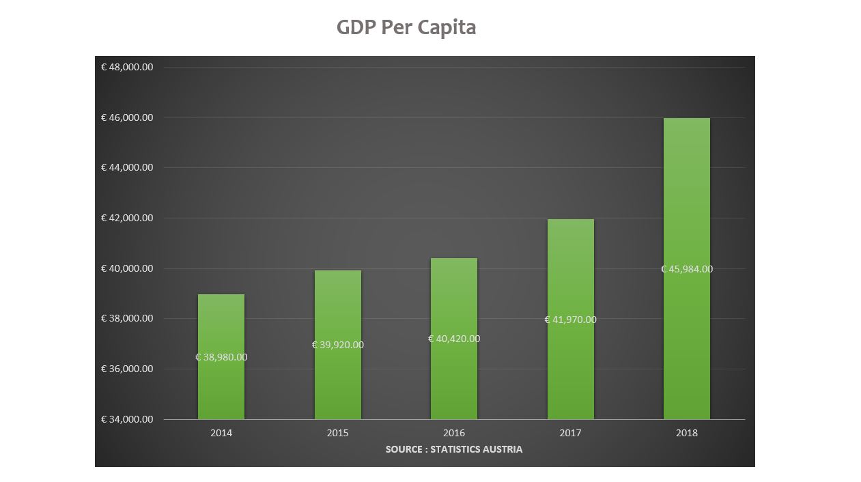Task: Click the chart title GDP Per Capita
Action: coord(406,27)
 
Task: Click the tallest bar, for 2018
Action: coord(686,205)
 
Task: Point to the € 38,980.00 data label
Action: coord(221,357)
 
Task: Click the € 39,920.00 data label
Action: coord(337,345)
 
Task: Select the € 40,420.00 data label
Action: coord(454,339)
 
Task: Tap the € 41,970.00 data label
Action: coord(570,320)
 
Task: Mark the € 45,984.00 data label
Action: coord(686,269)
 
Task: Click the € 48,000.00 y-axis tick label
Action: coord(127,67)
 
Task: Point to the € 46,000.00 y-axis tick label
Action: coord(127,117)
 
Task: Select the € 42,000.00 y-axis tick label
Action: coord(127,218)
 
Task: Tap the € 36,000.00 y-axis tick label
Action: coord(127,369)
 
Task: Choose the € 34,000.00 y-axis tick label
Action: coord(127,419)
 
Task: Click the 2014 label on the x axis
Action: coord(221,433)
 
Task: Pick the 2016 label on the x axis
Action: coord(454,433)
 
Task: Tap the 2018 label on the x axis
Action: coord(687,433)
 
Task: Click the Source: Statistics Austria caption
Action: coord(454,449)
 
